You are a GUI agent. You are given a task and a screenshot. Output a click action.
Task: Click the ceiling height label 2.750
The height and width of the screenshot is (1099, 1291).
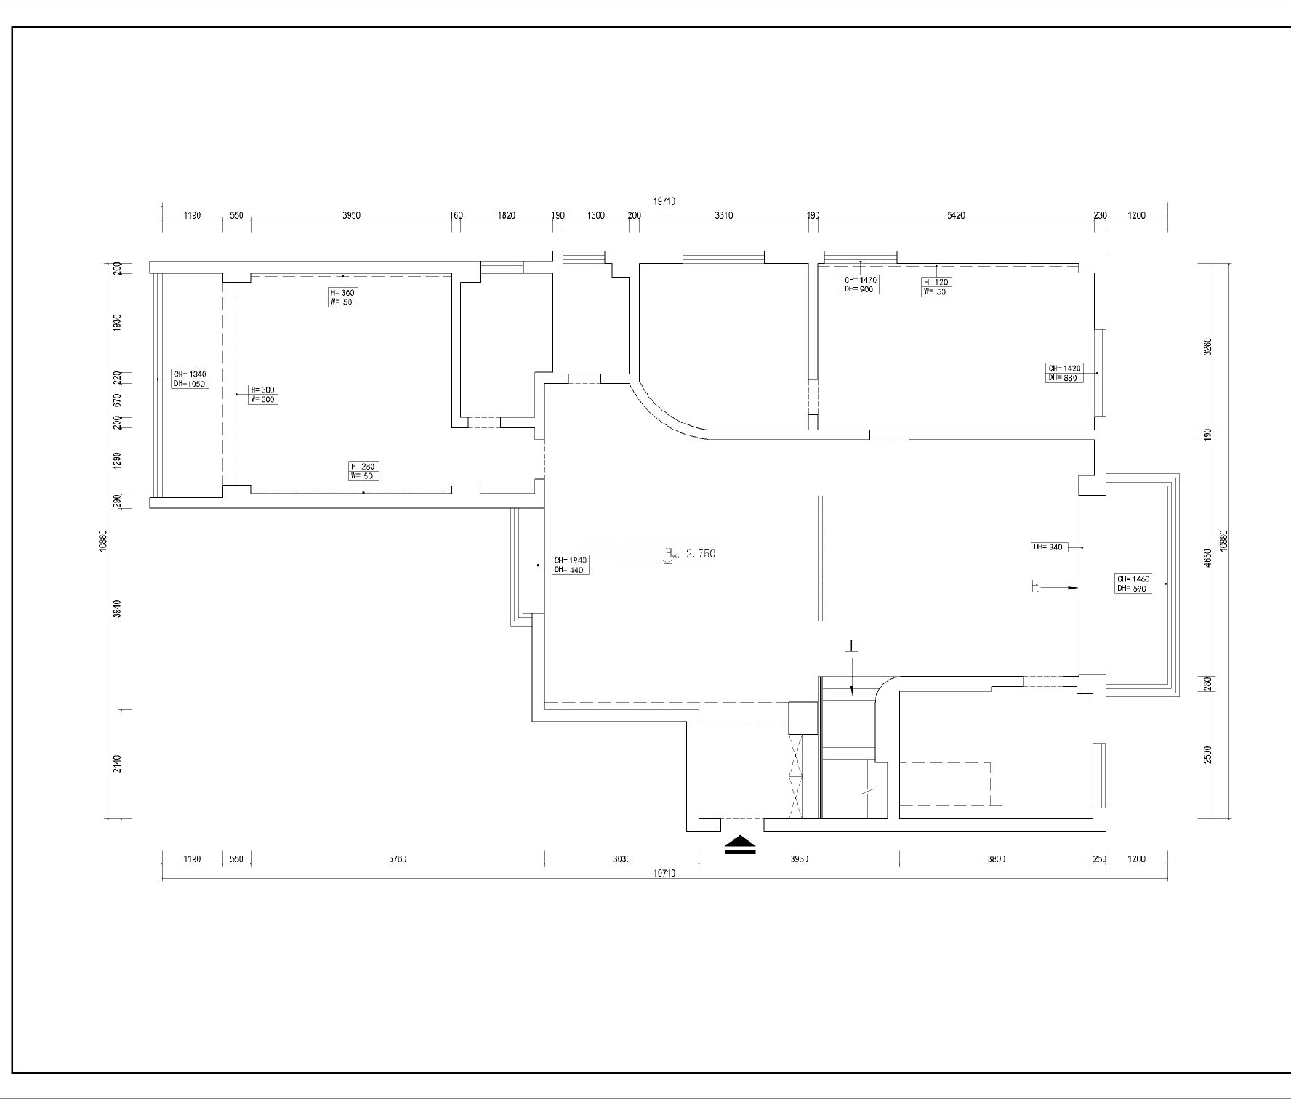pos(700,554)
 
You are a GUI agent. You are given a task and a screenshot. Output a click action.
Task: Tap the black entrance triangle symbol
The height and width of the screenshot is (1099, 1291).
pos(741,844)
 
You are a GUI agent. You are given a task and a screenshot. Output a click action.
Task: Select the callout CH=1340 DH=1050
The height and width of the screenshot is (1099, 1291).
pos(190,379)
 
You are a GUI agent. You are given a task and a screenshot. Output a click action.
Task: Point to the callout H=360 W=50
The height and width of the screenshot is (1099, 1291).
pos(342,297)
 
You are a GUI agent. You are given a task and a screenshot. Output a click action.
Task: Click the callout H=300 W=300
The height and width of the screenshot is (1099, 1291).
pos(262,395)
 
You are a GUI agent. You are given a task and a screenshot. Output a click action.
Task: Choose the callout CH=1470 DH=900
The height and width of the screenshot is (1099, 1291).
pos(861,284)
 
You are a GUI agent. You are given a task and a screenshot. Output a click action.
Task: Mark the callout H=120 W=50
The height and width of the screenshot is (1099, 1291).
pos(936,286)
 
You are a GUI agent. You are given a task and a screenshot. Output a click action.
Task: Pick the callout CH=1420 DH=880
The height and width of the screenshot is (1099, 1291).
pos(1065,373)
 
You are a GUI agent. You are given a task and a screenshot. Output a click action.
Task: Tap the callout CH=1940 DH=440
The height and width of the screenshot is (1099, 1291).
pos(571,565)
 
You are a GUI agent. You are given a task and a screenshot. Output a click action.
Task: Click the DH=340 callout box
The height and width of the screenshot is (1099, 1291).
pos(1050,547)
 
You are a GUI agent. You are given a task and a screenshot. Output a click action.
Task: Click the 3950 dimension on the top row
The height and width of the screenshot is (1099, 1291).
pos(351,215)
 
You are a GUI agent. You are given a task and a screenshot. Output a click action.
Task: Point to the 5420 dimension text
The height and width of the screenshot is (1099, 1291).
pos(956,215)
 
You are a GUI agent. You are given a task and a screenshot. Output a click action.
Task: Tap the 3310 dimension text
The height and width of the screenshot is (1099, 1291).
pos(723,215)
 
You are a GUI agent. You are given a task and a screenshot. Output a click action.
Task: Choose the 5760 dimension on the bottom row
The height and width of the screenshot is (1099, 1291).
pos(397,858)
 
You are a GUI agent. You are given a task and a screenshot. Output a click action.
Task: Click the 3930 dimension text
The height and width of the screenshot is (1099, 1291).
pos(799,858)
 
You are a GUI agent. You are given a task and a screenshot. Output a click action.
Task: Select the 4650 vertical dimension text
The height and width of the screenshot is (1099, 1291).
pos(1207,557)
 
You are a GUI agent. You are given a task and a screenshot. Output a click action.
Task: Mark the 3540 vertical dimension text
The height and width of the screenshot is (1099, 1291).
pos(118,608)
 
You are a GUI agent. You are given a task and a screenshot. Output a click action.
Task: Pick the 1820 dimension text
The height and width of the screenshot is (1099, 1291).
pos(507,215)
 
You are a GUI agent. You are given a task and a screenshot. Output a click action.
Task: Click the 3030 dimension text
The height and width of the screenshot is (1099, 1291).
pos(621,858)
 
